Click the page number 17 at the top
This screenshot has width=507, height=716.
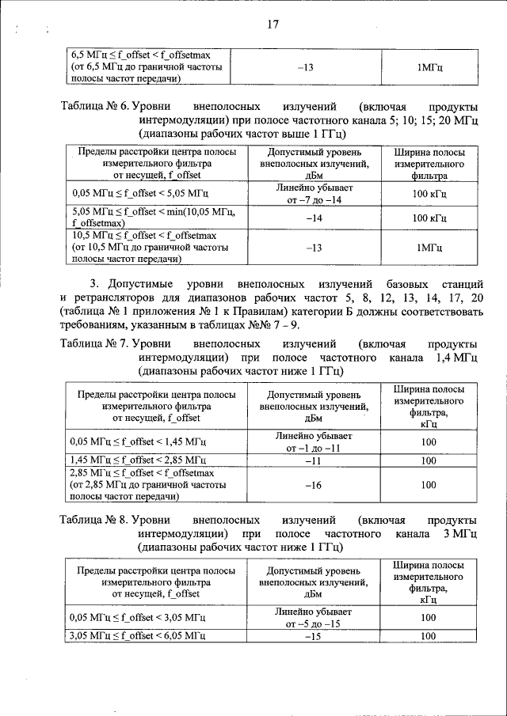pos(271,25)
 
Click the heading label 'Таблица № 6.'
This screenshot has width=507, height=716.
pos(94,107)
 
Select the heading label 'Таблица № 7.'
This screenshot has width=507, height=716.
pos(94,344)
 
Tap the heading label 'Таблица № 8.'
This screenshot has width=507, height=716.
pos(94,521)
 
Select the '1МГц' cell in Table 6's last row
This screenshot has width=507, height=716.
pos(429,248)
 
